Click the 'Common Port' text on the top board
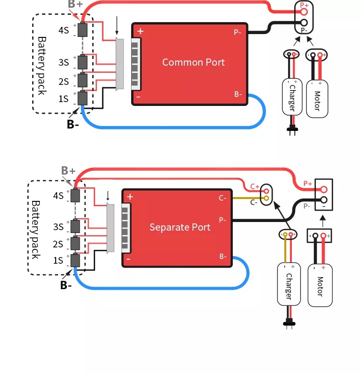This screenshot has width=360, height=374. (193, 62)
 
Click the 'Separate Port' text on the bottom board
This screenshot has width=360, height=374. (180, 227)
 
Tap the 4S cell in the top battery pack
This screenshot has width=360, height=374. (83, 30)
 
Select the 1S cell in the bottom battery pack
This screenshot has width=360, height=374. (75, 260)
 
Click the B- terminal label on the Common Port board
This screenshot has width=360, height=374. (238, 94)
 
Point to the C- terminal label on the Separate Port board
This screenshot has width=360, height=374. (222, 198)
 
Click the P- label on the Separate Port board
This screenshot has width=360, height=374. (222, 220)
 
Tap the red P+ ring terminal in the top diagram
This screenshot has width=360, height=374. (304, 12)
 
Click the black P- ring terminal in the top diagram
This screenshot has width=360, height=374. (304, 23)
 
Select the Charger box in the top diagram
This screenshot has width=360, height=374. (292, 97)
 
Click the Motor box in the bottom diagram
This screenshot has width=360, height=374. (320, 285)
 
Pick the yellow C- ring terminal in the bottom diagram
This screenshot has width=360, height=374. (266, 198)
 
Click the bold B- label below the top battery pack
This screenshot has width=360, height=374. (72, 124)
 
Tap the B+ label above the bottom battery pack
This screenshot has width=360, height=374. (68, 171)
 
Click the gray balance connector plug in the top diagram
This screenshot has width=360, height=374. (120, 64)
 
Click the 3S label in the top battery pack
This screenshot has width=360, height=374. (63, 62)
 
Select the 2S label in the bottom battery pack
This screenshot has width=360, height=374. (58, 244)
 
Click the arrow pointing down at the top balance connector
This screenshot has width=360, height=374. (117, 26)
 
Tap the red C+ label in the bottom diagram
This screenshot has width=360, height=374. (255, 187)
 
